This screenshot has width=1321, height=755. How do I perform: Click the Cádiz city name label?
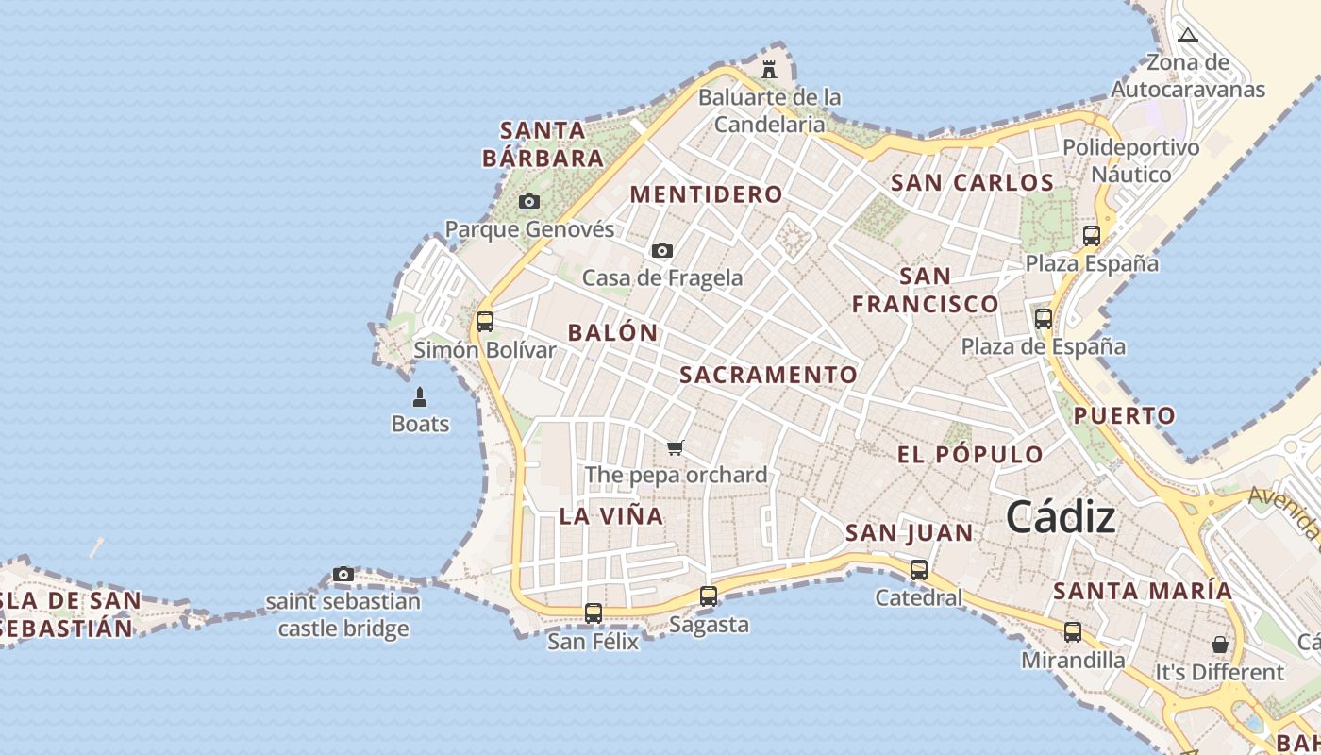click(1061, 517)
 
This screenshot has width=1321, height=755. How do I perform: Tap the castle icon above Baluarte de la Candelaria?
click(769, 70)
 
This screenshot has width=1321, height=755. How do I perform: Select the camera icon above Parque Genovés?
click(529, 201)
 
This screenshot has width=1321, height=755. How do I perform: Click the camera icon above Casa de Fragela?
click(662, 250)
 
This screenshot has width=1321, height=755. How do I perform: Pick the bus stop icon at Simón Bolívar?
click(485, 322)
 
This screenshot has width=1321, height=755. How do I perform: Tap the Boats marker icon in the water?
click(420, 397)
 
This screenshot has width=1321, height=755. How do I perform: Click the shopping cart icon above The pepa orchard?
click(675, 447)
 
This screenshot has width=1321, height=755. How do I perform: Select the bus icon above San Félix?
click(593, 613)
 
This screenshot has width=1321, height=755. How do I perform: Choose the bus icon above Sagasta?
click(709, 596)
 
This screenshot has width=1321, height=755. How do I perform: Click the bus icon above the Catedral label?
click(919, 570)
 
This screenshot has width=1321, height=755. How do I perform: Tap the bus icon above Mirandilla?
click(1073, 632)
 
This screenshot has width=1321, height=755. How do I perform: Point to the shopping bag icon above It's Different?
click(1220, 645)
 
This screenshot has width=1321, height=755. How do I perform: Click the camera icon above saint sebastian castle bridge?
click(343, 574)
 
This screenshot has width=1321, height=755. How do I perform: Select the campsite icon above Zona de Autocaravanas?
click(1188, 36)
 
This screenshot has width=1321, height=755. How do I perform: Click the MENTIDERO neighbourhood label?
click(707, 194)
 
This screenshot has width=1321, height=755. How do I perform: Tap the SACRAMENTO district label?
click(769, 375)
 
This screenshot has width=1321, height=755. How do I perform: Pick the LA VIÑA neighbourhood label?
click(611, 516)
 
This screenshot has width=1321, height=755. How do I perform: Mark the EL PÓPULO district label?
click(970, 455)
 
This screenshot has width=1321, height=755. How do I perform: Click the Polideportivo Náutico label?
click(1131, 160)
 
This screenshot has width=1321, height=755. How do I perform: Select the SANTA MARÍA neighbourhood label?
click(1143, 592)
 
